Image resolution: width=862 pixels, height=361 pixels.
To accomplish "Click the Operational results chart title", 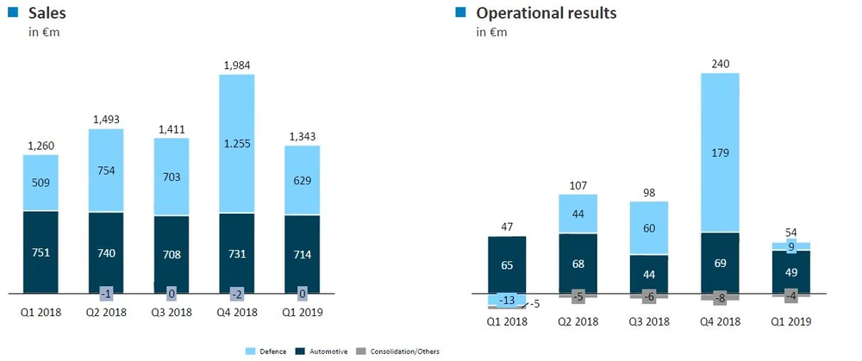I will [x=546, y=13].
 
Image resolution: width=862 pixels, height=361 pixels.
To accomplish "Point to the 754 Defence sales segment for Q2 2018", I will [x=106, y=170].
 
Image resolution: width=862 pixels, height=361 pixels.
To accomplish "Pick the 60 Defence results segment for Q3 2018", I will [x=649, y=228].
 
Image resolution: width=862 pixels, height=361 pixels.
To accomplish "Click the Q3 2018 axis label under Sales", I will [x=172, y=312].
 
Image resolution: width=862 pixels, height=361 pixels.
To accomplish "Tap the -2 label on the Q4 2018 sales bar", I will [x=237, y=293].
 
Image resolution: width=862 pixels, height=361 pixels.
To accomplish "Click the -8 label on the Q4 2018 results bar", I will [x=721, y=298].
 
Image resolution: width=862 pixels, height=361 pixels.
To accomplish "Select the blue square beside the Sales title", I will [x=11, y=12].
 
